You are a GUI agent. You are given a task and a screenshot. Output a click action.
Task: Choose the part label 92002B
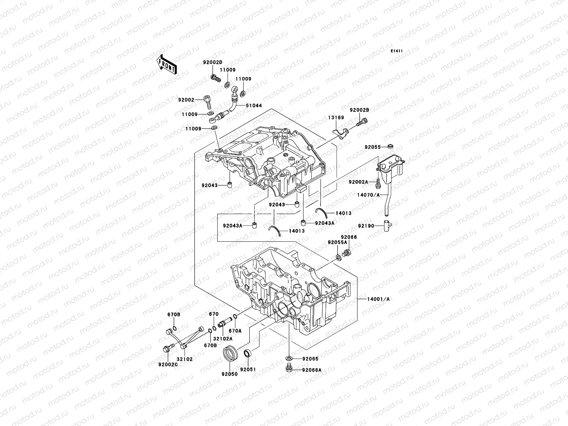[x=359, y=110]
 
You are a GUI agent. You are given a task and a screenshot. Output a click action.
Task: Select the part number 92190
[x=366, y=225]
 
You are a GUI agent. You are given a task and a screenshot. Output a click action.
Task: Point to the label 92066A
[x=312, y=370]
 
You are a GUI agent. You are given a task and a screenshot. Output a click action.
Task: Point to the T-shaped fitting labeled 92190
[x=387, y=226]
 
